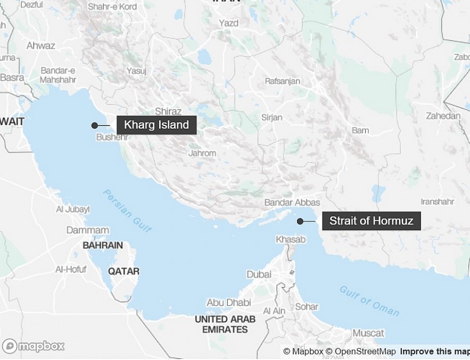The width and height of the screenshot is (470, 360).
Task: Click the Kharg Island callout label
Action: coord(156,125)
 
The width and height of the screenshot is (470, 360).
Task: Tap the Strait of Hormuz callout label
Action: coord(371,221)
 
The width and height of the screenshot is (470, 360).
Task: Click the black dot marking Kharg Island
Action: coord(94,125)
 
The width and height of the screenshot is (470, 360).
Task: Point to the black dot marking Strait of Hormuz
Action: coord(300,221)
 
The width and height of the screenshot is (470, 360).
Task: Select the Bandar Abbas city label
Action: coord(292,203)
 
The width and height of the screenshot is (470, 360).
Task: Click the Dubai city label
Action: coord(259,274)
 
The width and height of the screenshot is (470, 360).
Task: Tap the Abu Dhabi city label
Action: coord(228,303)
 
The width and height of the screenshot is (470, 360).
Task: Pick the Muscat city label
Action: coord(368,333)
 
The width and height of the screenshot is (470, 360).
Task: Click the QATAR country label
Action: coord(123,271)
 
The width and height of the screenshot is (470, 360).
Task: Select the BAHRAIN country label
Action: coord(103,246)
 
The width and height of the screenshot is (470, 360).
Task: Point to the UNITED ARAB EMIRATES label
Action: coord(225,324)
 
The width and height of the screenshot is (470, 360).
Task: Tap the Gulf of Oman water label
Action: coord(369,301)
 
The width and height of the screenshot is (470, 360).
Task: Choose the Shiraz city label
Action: coord(168,112)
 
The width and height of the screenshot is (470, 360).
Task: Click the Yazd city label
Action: coord(229,23)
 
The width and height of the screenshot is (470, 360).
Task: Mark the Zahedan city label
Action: coord(443,116)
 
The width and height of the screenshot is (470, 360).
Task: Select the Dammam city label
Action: coord(88,230)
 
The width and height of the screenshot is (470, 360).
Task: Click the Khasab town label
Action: coord(291,240)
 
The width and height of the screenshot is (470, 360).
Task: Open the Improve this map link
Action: coord(434,351)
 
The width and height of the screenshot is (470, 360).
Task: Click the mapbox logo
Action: coord(33,346)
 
